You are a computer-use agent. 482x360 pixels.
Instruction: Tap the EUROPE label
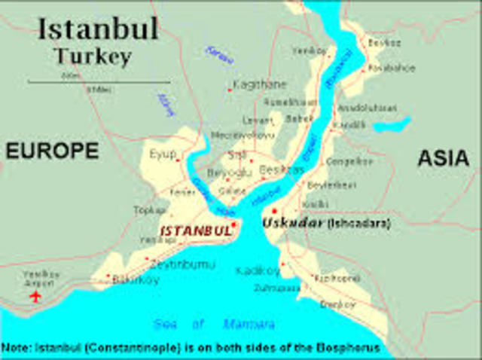click(52, 151)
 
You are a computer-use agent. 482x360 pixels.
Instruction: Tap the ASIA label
click(444, 157)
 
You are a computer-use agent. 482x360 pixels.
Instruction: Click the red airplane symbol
click(35, 296)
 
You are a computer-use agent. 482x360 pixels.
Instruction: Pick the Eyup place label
click(162, 155)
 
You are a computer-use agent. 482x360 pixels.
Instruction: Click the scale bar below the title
click(98, 81)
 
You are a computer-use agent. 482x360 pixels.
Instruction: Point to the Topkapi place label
click(147, 209)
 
